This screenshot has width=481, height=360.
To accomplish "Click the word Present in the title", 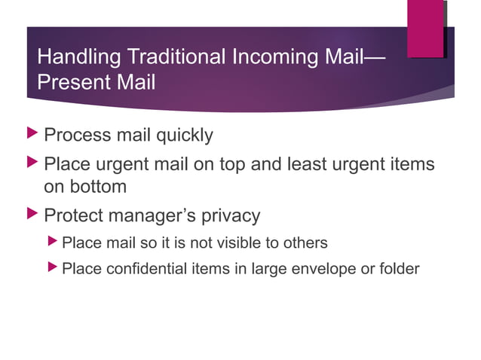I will click(69, 82).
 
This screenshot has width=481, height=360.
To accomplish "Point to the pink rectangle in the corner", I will click(425, 28).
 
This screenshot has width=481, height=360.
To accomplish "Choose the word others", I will click(307, 243).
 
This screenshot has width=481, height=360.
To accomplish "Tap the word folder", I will click(400, 268).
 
